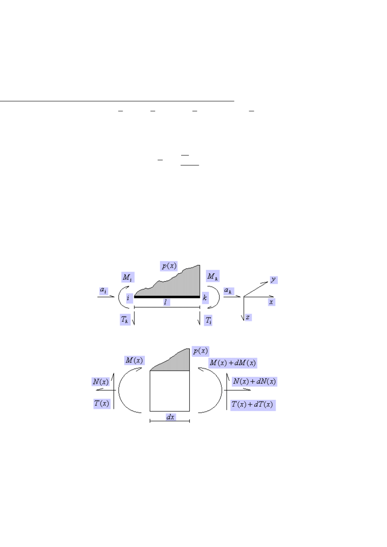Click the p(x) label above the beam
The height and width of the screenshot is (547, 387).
pos(169,266)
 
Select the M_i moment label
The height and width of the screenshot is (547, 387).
pos(128,277)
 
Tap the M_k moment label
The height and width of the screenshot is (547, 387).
pos(212,276)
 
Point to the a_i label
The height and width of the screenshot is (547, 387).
pos(104,291)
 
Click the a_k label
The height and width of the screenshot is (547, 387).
pos(228,291)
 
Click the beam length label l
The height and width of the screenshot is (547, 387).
pos(166,302)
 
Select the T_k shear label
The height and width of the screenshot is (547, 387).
pos(125,319)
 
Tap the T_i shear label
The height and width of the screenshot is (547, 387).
pos(208,320)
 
